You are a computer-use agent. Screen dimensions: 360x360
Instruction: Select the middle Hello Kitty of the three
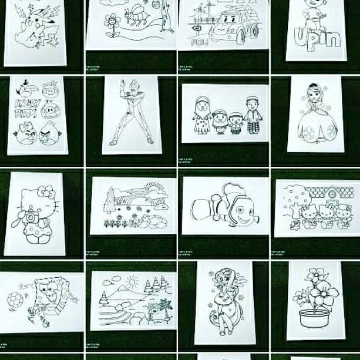click(325, 215)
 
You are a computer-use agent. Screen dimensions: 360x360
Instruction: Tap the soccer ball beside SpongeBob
click(14, 297)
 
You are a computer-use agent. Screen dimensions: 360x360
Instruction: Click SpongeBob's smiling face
click(52, 295)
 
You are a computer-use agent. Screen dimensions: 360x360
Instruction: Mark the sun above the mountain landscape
click(132, 281)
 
